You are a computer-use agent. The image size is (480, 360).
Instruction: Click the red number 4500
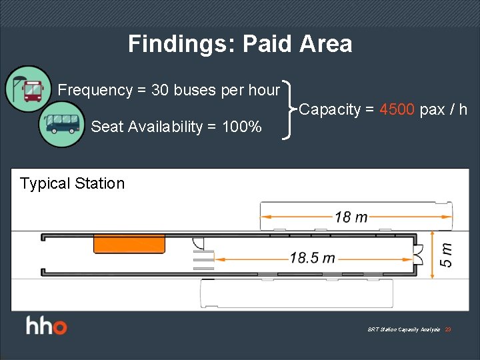click(x=397, y=110)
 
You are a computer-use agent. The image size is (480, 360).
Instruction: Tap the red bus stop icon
click(x=28, y=89)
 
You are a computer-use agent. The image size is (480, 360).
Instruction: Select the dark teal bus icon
click(x=61, y=124)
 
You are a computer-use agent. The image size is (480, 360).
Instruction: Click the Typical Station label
click(x=72, y=183)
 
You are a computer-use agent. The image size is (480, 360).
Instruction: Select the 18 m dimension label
click(x=351, y=216)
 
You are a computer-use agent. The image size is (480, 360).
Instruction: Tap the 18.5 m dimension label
click(x=313, y=257)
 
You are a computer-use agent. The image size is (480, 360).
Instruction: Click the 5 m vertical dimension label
click(x=446, y=254)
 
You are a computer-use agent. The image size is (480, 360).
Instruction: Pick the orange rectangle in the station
click(x=129, y=243)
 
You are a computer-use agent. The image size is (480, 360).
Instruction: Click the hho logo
click(x=47, y=327)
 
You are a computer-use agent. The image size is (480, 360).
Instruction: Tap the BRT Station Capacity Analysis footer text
click(x=403, y=329)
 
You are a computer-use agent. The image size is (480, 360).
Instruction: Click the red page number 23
click(x=448, y=329)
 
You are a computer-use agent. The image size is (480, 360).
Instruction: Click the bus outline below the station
click(x=297, y=293)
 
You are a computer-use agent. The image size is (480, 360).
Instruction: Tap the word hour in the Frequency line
click(x=264, y=90)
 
